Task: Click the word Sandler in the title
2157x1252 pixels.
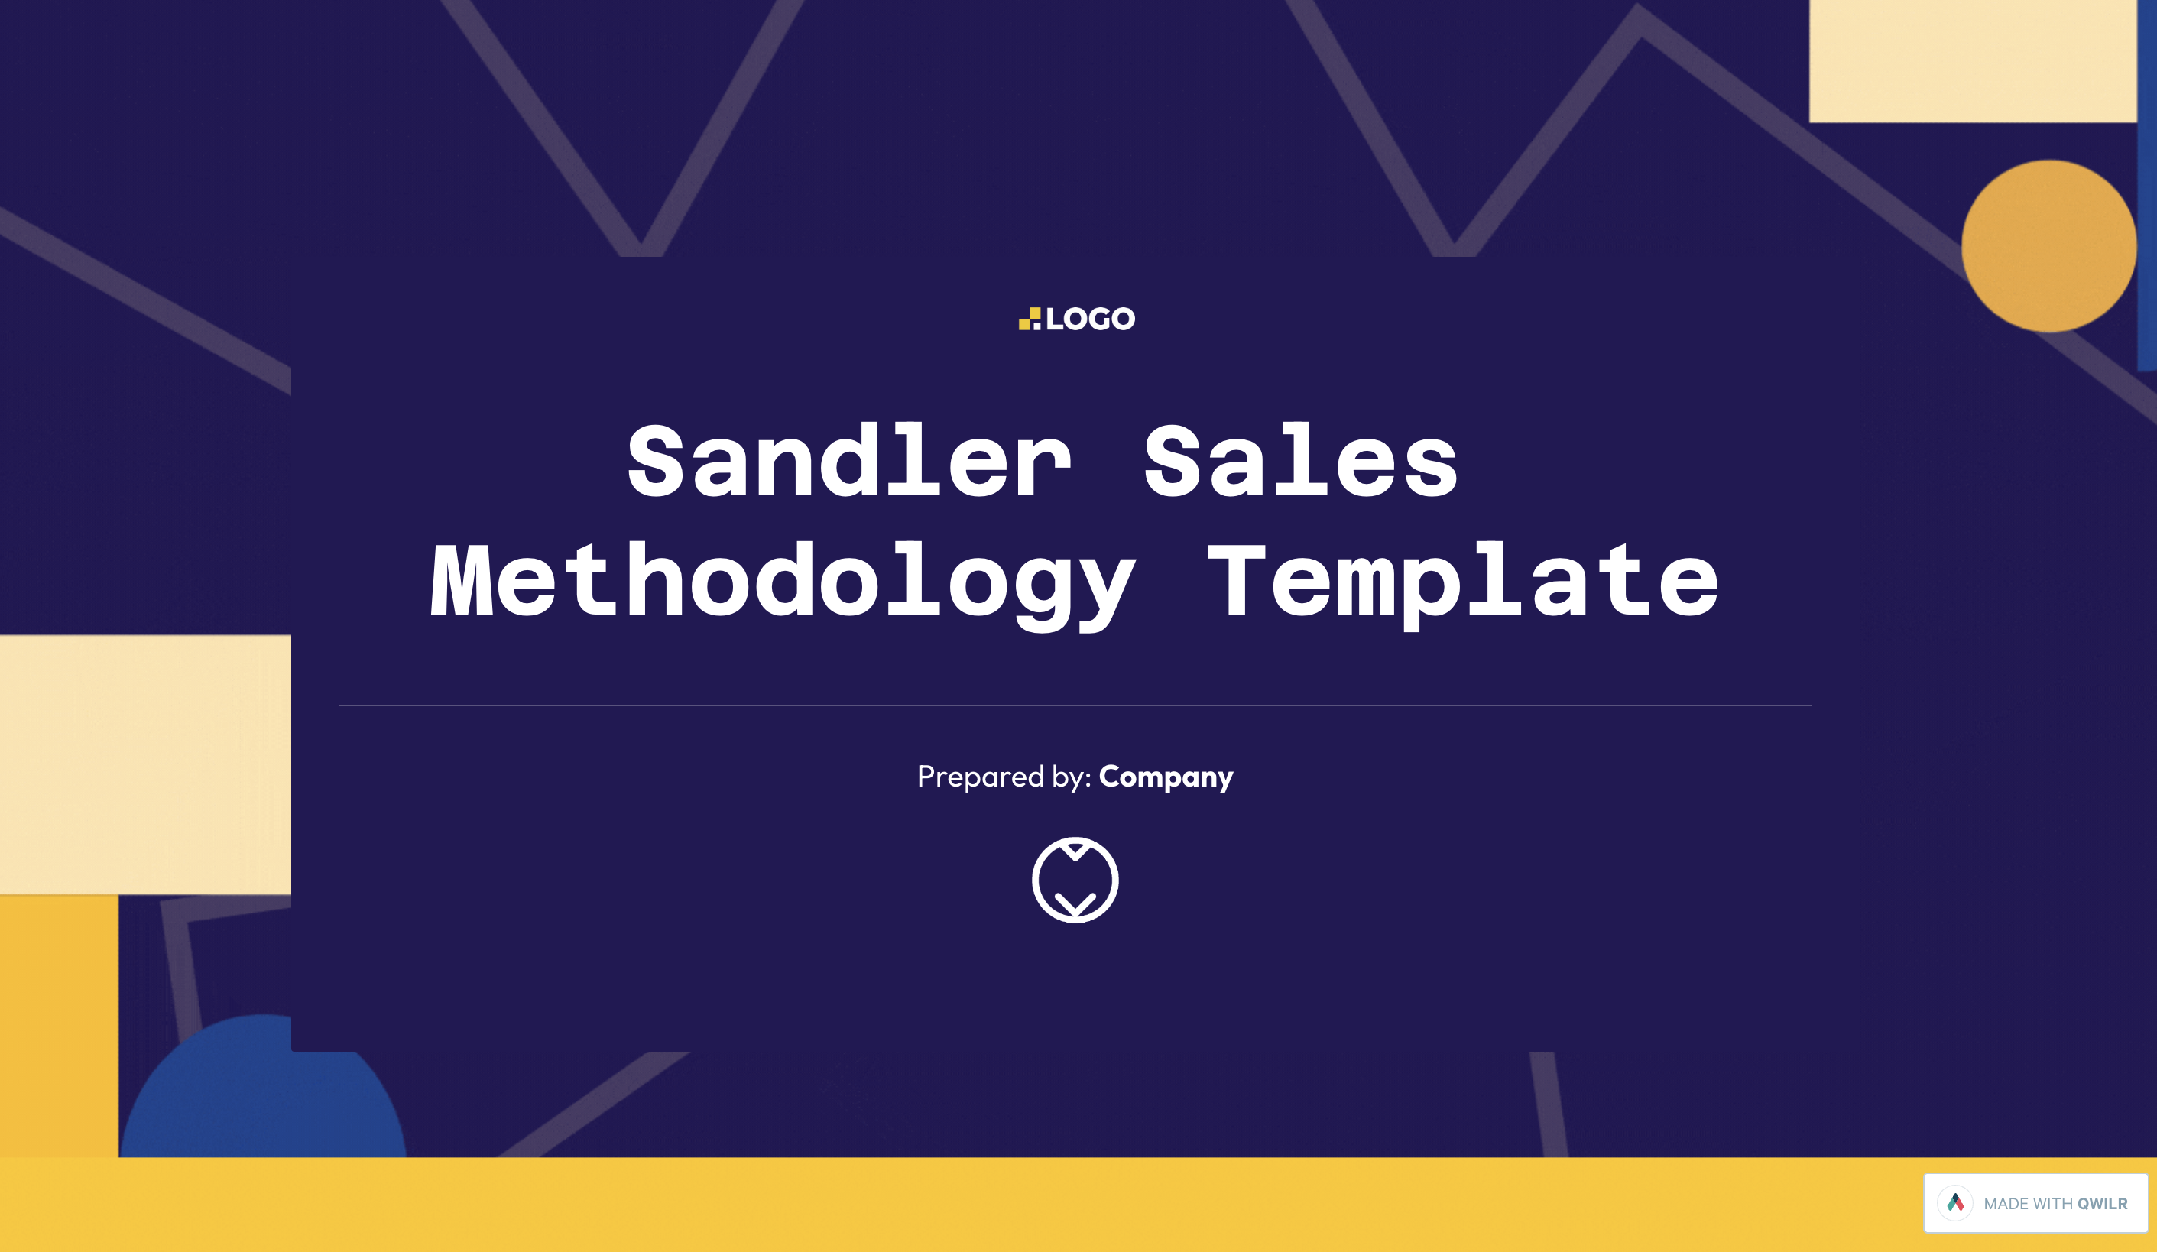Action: tap(849, 460)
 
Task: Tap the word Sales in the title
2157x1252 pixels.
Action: tap(1301, 460)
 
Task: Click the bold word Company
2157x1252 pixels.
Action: tap(1166, 777)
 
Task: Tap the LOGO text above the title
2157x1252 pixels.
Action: tap(1090, 319)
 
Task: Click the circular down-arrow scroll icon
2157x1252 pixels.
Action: tap(1075, 880)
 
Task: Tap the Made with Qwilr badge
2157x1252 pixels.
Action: tap(2035, 1202)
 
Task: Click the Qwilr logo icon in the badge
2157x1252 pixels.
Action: tap(1955, 1202)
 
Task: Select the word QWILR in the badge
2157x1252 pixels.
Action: tap(2102, 1203)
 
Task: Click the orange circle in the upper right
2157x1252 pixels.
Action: tap(2048, 245)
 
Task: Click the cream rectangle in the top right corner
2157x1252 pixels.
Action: tap(1972, 60)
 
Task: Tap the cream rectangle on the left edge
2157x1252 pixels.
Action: tap(145, 764)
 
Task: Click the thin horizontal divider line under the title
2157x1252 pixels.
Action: tap(1075, 705)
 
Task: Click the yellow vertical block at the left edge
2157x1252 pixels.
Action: tap(59, 1026)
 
